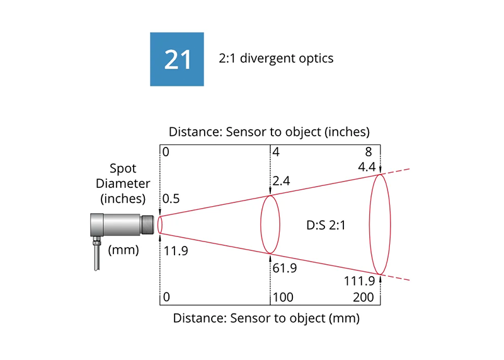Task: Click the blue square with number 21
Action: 177,59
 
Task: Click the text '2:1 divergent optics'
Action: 276,58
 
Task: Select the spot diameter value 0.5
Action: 171,199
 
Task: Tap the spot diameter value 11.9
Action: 176,251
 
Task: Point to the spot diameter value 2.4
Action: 281,181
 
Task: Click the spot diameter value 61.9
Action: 285,268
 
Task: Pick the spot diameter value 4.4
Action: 367,166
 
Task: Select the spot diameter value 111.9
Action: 359,281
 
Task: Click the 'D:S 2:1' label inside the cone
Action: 326,225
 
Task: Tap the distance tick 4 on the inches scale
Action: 276,151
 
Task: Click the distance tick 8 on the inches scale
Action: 369,151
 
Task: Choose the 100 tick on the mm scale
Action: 283,297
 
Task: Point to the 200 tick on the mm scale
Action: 364,297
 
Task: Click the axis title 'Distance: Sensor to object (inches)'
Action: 270,132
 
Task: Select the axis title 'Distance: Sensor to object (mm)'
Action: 266,318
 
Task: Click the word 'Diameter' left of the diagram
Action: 123,183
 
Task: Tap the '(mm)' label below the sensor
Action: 123,250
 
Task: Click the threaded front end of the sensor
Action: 147,224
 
